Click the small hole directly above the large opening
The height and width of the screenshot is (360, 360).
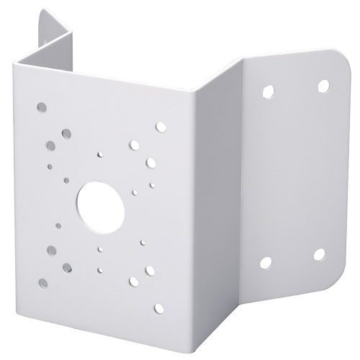coord(101,154)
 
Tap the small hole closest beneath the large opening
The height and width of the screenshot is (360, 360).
coord(101,249)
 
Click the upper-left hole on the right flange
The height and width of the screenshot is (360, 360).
coord(268,91)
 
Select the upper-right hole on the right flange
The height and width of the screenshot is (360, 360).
coord(322,85)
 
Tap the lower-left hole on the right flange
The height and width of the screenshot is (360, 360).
coord(266,263)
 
